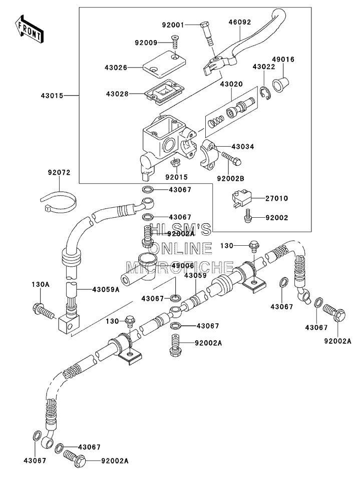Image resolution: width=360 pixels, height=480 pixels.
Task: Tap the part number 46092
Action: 240,22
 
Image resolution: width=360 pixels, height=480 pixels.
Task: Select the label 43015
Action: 52,96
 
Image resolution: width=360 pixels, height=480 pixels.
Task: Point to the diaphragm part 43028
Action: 164,92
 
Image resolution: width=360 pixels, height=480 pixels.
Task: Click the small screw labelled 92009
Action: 175,42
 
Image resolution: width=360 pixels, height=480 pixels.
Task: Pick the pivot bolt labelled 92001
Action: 207,34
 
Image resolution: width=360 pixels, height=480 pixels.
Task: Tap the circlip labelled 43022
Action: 266,94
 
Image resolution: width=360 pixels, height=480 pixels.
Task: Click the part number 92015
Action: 176,177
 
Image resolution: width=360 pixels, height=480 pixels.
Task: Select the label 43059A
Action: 106,289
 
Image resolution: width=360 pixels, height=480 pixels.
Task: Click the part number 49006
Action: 183,266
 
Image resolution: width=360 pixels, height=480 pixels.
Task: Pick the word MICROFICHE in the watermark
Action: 180,267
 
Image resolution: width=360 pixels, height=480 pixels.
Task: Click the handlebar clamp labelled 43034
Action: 209,155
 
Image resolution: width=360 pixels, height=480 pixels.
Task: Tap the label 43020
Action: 231,84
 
